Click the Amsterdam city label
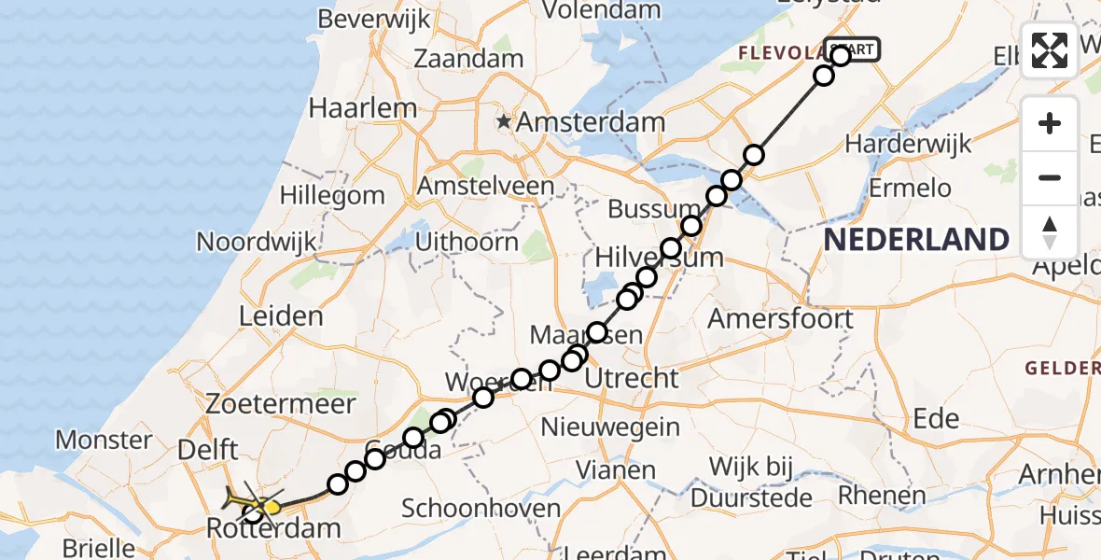click(591, 121)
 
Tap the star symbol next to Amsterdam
click(505, 121)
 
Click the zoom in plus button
click(1050, 123)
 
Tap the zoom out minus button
click(1050, 177)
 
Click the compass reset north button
click(1050, 231)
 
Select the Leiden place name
click(281, 315)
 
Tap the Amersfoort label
click(781, 318)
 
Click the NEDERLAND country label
click(916, 240)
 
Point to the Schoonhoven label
click(481, 509)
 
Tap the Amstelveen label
click(485, 186)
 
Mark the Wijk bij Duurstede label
click(760, 480)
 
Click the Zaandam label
click(468, 58)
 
